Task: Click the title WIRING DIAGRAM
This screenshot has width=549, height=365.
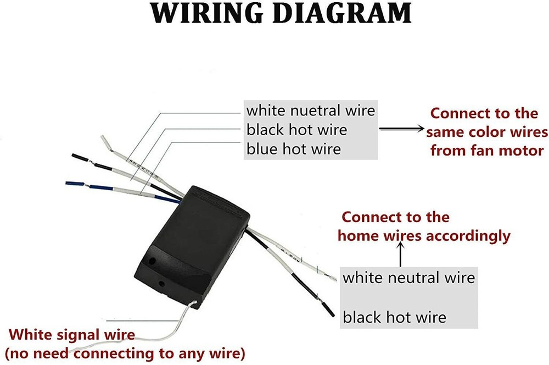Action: coord(281,13)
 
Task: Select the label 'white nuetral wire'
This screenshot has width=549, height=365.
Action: coord(311,110)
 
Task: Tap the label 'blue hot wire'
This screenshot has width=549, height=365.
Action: coord(294,148)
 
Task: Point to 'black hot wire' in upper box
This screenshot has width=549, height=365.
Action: coord(297,129)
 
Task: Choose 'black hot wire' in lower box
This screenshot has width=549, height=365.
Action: coord(395,317)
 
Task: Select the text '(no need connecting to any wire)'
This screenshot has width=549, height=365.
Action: coord(125,352)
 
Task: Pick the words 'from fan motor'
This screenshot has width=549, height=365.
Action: coord(487,150)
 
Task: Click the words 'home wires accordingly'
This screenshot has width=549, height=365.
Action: coord(424,236)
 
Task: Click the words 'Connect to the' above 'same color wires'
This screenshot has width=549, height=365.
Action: coord(484,113)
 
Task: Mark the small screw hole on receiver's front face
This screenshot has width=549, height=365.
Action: coord(161,284)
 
